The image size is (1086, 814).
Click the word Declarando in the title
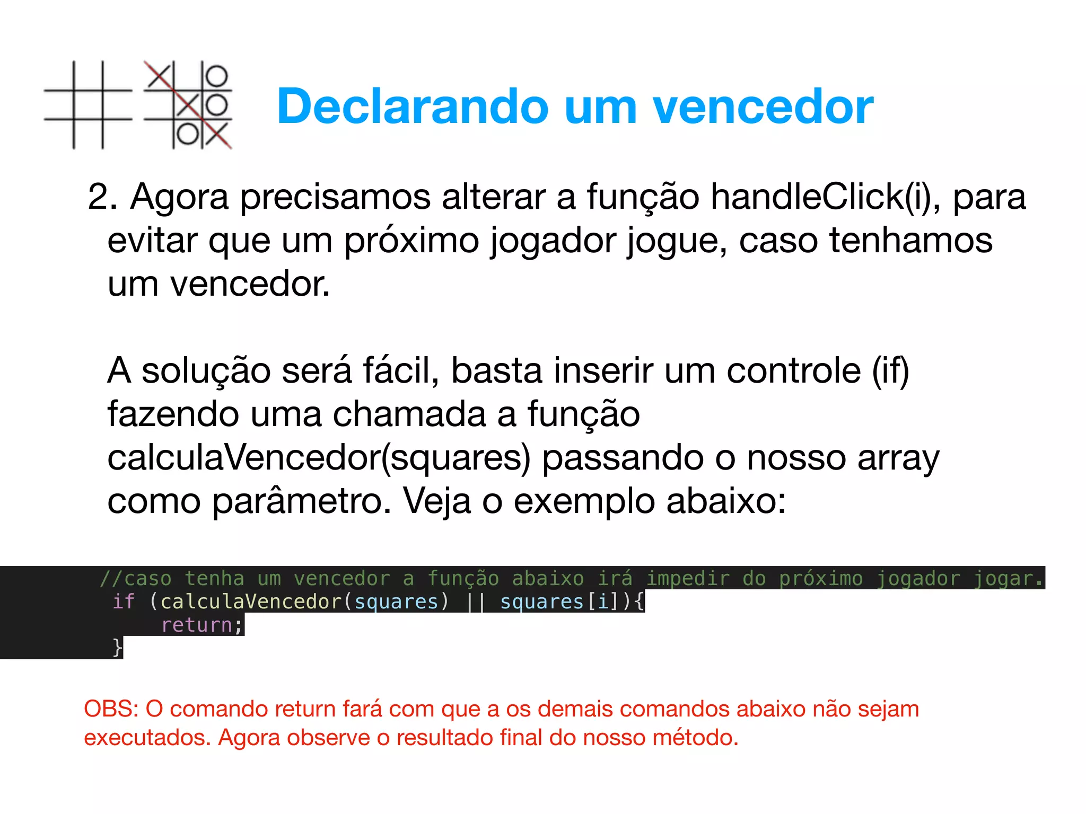click(x=413, y=107)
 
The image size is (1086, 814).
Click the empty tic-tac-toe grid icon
click(x=88, y=105)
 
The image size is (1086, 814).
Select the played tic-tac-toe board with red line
click(x=188, y=105)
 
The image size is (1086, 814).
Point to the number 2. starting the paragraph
click(x=102, y=197)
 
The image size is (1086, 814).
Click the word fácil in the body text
click(x=400, y=370)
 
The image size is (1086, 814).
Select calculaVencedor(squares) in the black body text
click(x=319, y=457)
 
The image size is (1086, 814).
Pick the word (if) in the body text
click(x=891, y=370)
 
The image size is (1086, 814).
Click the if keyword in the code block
click(x=124, y=602)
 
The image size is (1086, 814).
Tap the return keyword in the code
click(x=197, y=625)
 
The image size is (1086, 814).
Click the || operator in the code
click(x=475, y=602)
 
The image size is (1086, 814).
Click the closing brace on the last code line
click(x=117, y=648)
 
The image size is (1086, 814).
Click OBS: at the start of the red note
click(x=111, y=709)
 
